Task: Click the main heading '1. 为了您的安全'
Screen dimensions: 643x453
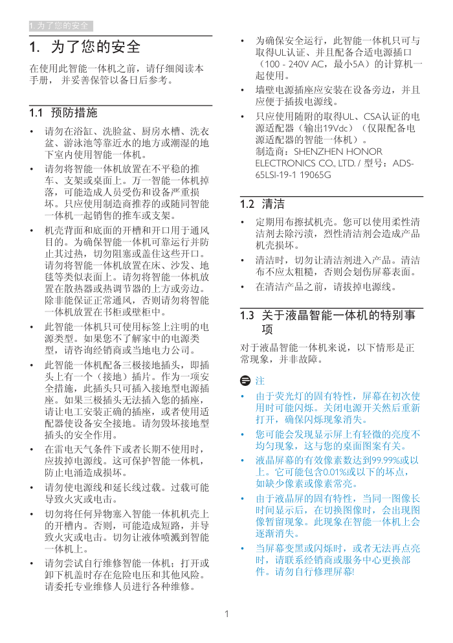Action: (85, 47)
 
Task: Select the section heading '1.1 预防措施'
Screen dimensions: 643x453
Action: (63, 113)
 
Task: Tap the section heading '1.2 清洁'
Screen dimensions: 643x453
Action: (262, 205)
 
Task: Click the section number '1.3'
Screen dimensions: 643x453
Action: (247, 316)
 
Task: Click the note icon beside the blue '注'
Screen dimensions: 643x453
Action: (245, 380)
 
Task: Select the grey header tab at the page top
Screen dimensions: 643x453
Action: (61, 26)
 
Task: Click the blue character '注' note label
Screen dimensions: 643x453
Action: (260, 380)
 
